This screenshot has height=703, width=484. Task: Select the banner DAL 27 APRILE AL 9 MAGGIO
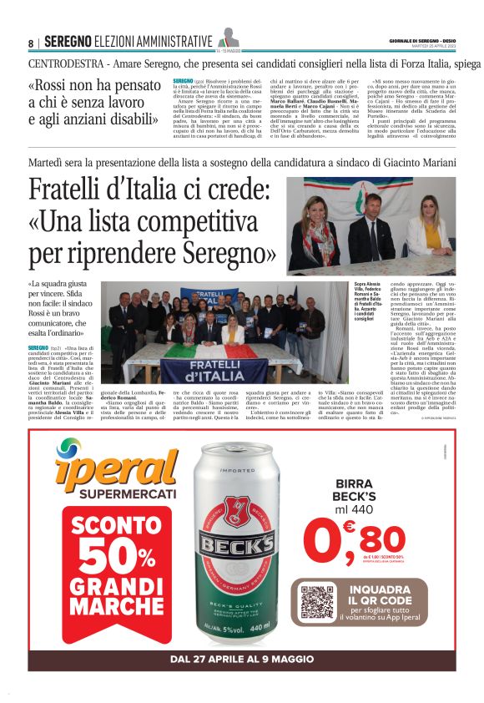[x=242, y=659]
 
